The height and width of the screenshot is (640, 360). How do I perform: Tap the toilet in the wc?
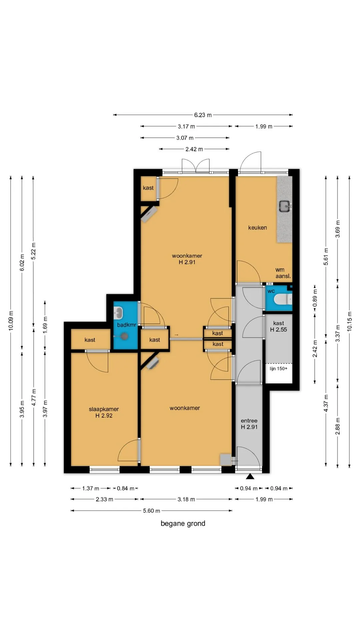tap(282, 299)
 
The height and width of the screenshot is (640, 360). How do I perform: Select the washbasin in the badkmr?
tap(118, 313)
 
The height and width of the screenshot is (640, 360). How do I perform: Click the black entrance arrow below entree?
tap(250, 476)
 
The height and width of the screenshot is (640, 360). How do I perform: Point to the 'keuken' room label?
tap(257, 228)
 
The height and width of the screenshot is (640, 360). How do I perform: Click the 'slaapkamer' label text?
tap(104, 409)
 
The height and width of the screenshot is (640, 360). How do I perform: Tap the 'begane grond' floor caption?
tap(183, 523)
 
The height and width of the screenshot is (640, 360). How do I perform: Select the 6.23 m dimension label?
tap(203, 115)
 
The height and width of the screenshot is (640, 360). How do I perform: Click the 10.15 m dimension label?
tap(349, 321)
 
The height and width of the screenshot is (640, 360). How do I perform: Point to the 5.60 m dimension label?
tap(151, 511)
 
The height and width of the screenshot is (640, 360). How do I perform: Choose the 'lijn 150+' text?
tap(278, 368)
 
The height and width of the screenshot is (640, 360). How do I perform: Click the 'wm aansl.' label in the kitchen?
tap(283, 273)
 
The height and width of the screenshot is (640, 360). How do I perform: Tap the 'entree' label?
tap(249, 421)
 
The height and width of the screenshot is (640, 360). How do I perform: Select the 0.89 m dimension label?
tap(315, 299)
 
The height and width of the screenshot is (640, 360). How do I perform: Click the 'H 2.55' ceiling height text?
tap(278, 330)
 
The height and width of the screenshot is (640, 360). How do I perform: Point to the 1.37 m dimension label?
tap(91, 488)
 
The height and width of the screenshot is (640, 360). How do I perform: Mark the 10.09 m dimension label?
tap(11, 321)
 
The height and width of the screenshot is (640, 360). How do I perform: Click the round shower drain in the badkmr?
tap(124, 336)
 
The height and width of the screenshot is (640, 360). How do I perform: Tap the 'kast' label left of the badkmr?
tap(90, 340)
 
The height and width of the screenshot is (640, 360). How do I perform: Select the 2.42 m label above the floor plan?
tap(194, 149)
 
